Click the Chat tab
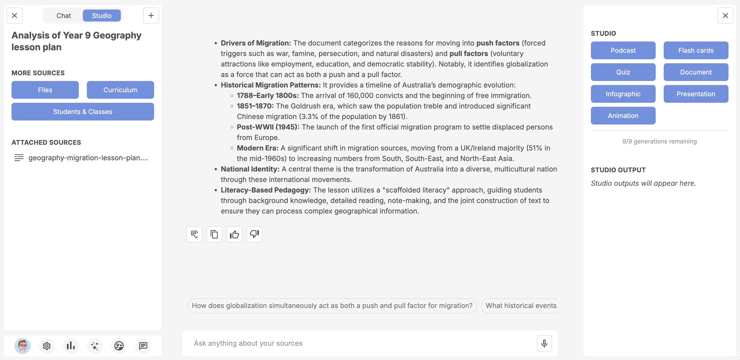click(64, 15)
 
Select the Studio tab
click(101, 15)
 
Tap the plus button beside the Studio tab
click(151, 15)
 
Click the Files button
click(45, 90)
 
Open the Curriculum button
click(120, 90)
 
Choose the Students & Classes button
click(83, 112)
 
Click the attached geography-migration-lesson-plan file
click(88, 157)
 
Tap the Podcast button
click(623, 50)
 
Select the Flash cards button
click(695, 50)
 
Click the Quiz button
click(623, 72)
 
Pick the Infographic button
click(623, 94)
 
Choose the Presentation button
click(695, 94)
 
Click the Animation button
click(623, 116)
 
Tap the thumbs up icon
click(234, 234)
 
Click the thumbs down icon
click(254, 234)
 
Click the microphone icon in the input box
click(544, 343)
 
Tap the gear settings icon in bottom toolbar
click(47, 346)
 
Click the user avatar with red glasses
click(23, 346)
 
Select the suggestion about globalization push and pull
click(332, 306)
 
